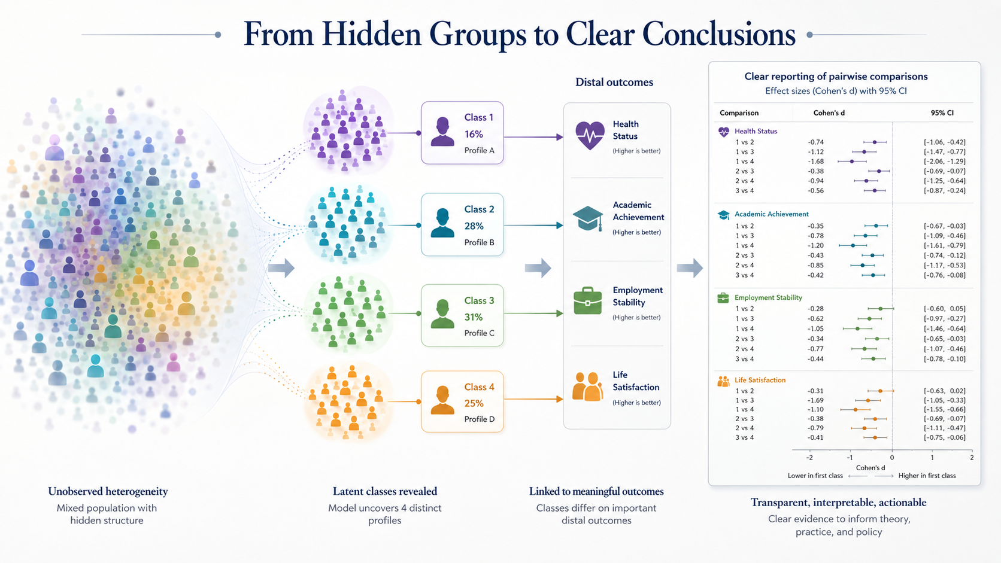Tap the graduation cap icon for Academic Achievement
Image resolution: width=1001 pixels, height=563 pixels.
588,219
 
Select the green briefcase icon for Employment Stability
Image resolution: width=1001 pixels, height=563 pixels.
588,301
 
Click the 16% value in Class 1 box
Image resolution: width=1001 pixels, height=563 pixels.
474,134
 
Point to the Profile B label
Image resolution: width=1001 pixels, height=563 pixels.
479,242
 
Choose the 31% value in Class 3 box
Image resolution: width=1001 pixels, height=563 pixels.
473,317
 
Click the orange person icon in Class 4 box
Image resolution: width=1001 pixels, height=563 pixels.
442,400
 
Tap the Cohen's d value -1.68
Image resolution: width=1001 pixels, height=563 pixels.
815,162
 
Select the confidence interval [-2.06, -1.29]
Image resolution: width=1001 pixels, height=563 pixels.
944,162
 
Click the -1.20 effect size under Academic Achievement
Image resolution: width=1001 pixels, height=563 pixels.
815,245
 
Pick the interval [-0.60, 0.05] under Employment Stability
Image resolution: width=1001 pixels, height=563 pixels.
944,309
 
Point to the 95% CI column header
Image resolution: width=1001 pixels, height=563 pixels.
942,113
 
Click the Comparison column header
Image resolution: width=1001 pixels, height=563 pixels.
739,113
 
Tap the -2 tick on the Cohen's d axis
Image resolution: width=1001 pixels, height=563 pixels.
809,458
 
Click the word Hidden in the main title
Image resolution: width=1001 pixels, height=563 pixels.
371,34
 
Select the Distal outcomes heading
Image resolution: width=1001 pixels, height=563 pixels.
614,82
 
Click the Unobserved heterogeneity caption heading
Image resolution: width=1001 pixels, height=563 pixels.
108,492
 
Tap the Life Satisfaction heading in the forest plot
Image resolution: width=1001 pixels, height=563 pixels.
760,380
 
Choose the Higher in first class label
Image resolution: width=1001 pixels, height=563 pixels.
927,476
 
